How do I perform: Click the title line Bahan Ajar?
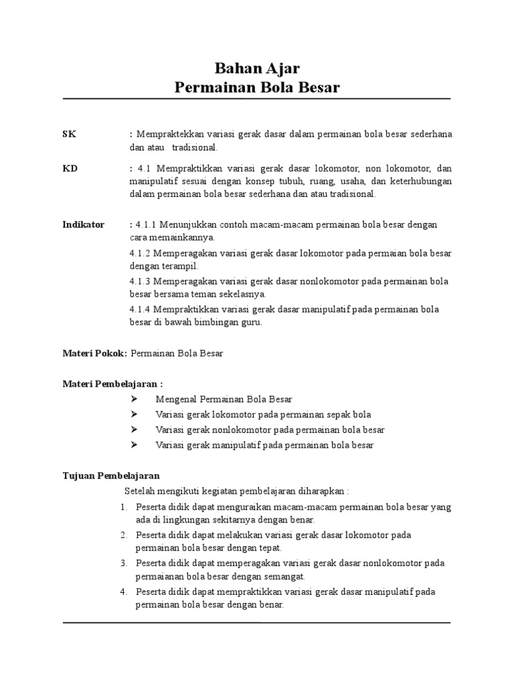(x=257, y=68)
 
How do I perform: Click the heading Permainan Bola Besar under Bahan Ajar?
(x=257, y=87)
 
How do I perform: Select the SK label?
(x=70, y=134)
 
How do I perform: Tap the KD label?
(x=70, y=168)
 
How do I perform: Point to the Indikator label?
(x=84, y=224)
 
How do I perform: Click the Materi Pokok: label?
(x=94, y=353)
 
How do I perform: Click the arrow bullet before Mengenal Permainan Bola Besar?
(x=134, y=399)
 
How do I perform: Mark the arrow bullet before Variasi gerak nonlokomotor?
(x=134, y=429)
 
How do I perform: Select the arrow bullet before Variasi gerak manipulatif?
(x=134, y=445)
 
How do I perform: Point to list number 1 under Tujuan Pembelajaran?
(x=124, y=507)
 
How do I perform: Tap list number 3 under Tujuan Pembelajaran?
(x=124, y=563)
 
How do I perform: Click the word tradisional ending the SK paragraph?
(x=195, y=147)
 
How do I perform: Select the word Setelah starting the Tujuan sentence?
(x=140, y=490)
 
